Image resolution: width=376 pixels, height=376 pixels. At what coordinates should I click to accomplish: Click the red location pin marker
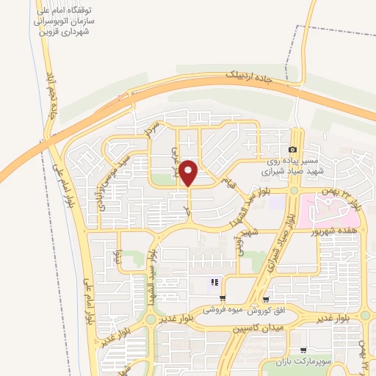click(x=189, y=172)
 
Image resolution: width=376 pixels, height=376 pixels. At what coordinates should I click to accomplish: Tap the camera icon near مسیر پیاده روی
click(x=292, y=150)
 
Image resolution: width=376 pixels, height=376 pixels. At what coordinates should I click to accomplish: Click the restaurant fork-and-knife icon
click(x=215, y=282)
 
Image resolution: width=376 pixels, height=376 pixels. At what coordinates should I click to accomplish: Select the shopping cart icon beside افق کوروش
click(x=265, y=299)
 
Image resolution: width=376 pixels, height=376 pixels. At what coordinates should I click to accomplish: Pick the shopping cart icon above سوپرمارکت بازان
click(x=303, y=350)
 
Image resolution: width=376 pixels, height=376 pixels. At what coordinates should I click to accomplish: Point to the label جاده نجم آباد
click(x=51, y=95)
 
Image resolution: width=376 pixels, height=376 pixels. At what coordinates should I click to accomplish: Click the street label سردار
click(x=152, y=130)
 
